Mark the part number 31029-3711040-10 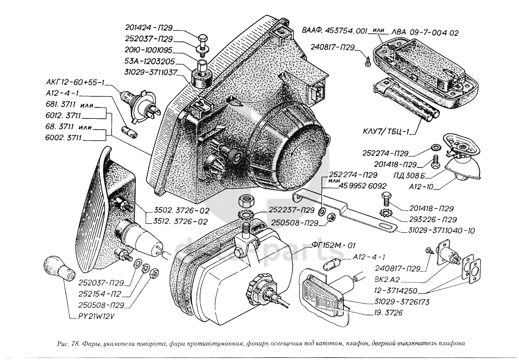click(442, 231)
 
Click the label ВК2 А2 click(385, 280)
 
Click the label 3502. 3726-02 click(181, 211)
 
